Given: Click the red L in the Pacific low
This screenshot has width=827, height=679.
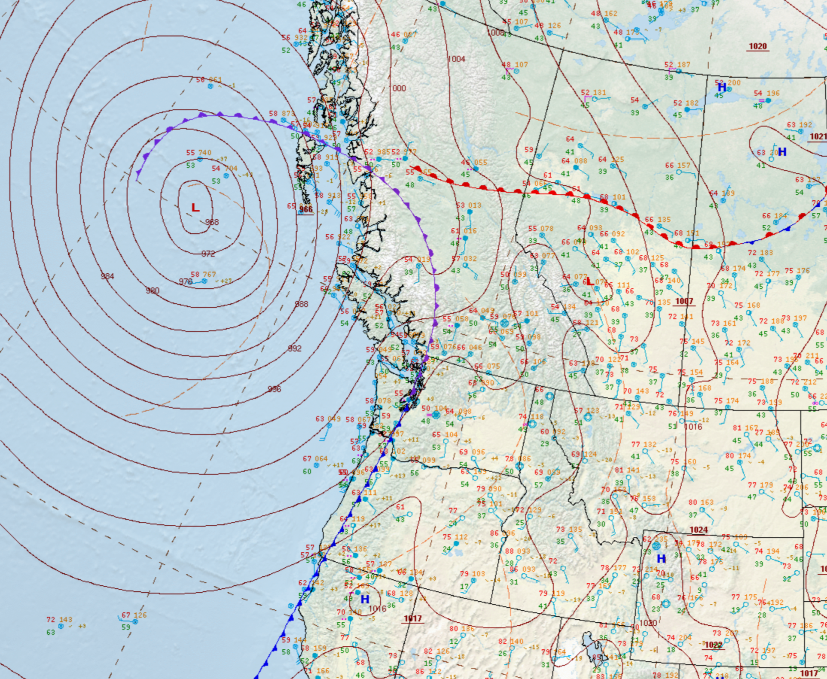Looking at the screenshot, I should [195, 208].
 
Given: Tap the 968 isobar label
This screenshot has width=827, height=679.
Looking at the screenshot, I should [212, 222].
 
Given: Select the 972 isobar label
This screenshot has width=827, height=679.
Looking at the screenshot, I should [208, 254].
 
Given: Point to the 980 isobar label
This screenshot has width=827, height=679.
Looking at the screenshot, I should [153, 291].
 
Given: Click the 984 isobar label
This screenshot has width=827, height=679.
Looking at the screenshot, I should [107, 276].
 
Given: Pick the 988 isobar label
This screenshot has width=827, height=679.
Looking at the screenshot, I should [301, 304].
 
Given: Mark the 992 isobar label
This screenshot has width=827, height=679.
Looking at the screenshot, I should [295, 348].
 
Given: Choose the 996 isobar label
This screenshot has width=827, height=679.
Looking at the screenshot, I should [274, 389].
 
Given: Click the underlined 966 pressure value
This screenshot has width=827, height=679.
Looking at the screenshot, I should [306, 209].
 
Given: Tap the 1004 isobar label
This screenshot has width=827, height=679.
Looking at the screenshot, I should [456, 59].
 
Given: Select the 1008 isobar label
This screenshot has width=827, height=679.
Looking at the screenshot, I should [495, 33].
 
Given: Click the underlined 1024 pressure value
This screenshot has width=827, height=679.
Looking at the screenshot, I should [699, 530].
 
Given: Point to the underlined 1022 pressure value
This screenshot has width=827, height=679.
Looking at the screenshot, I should [714, 645].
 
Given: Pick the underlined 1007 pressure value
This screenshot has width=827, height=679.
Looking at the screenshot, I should [684, 301].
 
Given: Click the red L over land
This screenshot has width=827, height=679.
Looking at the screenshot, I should [590, 282].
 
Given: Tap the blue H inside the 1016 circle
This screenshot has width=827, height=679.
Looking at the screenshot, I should [365, 599].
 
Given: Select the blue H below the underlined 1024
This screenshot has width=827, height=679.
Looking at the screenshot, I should [661, 559].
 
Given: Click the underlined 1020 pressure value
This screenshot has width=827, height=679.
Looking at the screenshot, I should [757, 46].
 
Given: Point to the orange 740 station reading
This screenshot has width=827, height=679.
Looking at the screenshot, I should [205, 153].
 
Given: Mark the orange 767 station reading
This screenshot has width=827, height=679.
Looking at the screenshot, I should [209, 274].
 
